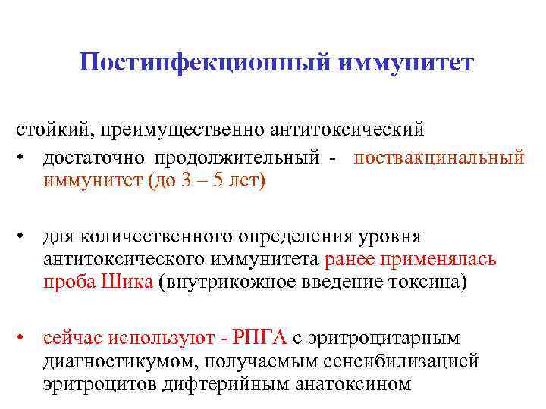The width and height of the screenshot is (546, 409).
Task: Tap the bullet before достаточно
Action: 25,157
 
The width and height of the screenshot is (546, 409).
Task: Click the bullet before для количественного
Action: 25,236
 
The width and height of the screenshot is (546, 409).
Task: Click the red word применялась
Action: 447,261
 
